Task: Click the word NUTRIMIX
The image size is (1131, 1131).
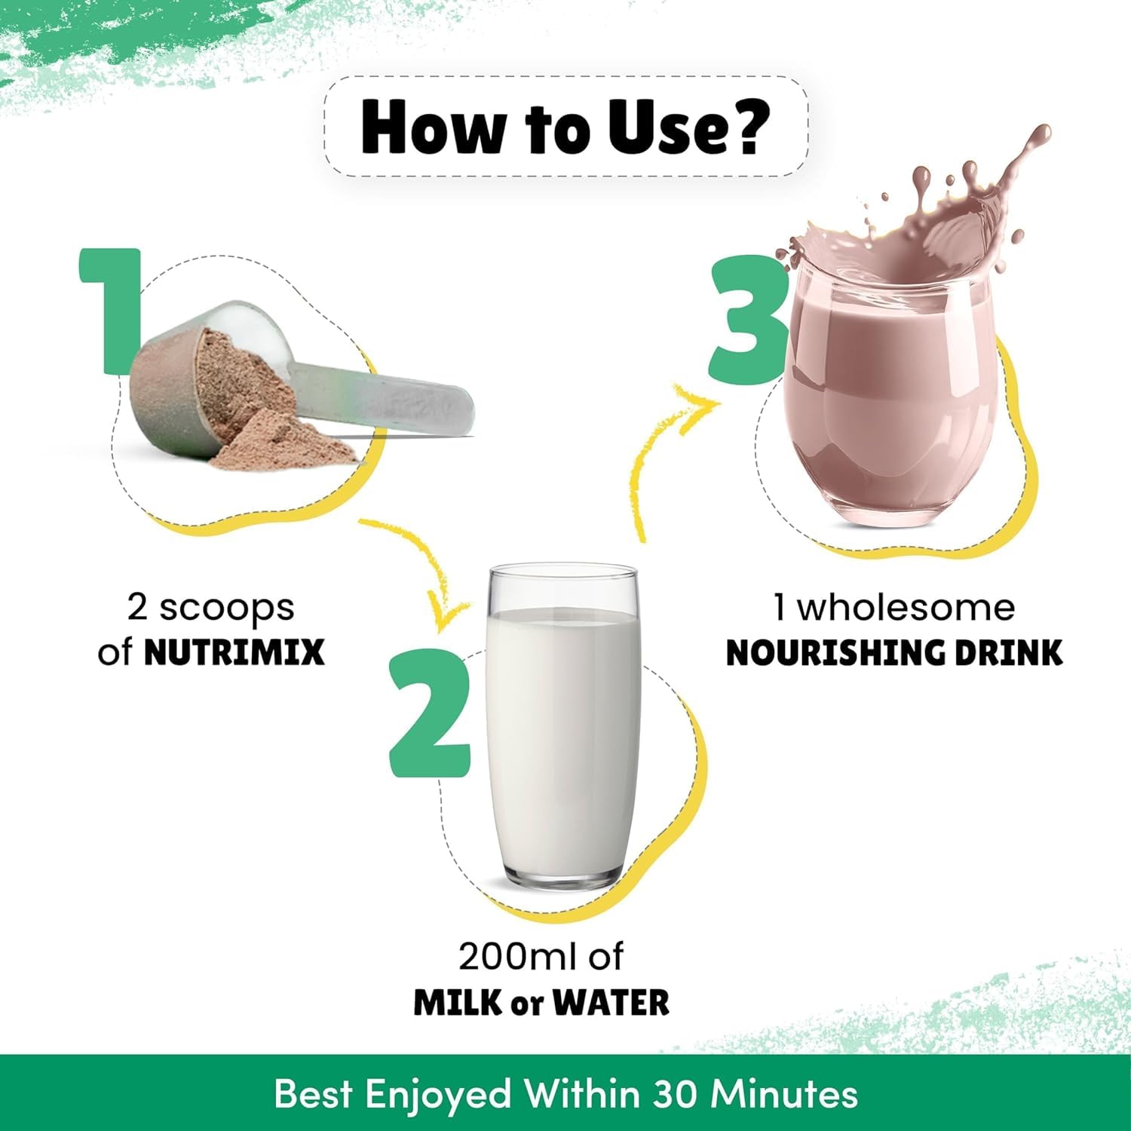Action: pos(234,652)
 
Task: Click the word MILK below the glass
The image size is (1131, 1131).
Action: pos(457,1002)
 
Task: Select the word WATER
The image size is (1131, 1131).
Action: pos(611,1002)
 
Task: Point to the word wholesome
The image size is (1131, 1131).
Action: pos(906,607)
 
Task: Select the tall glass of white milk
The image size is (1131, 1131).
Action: pos(563,728)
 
